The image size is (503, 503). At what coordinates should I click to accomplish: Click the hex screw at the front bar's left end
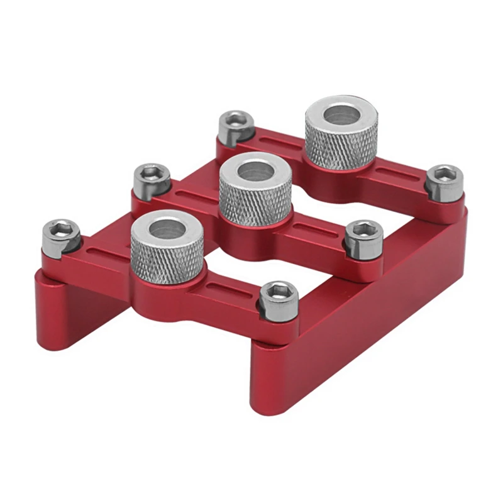point(60,234)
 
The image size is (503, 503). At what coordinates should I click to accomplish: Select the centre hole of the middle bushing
point(255,170)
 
